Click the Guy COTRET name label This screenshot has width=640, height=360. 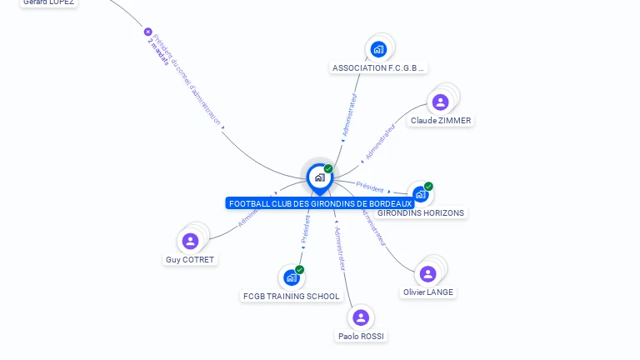190,260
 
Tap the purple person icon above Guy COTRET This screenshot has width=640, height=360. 191,241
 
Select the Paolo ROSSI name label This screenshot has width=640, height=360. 362,337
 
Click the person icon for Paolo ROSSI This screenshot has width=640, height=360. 361,317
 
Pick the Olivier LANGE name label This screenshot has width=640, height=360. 428,292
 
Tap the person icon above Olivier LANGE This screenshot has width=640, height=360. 428,273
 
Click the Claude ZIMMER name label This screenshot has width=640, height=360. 441,121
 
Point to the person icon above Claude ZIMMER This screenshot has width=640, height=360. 441,102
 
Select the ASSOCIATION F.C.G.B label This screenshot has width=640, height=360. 379,68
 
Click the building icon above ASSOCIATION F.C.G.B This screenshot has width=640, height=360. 379,49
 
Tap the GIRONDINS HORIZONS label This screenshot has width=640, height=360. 421,213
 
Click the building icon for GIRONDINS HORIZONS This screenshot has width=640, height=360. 420,194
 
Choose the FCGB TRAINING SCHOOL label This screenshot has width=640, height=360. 291,297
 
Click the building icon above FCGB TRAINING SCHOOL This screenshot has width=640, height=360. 291,277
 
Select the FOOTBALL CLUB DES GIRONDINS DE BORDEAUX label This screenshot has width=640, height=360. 320,204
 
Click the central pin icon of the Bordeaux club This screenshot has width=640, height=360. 319,177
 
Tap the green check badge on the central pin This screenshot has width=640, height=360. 328,168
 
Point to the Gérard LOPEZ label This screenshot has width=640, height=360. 48,2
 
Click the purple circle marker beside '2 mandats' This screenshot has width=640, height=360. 148,32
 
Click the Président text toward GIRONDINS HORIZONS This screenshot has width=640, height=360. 370,187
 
